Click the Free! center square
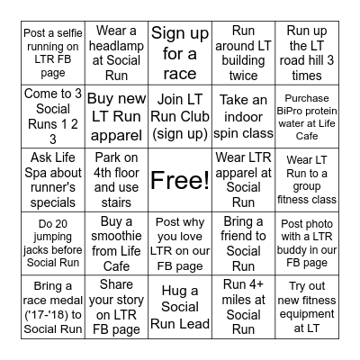point(180,179)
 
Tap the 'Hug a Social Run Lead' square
point(180,305)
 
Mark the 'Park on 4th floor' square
point(117,179)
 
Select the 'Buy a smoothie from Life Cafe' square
point(117,242)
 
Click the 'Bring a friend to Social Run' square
point(243,242)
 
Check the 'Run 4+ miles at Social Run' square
point(243,305)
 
